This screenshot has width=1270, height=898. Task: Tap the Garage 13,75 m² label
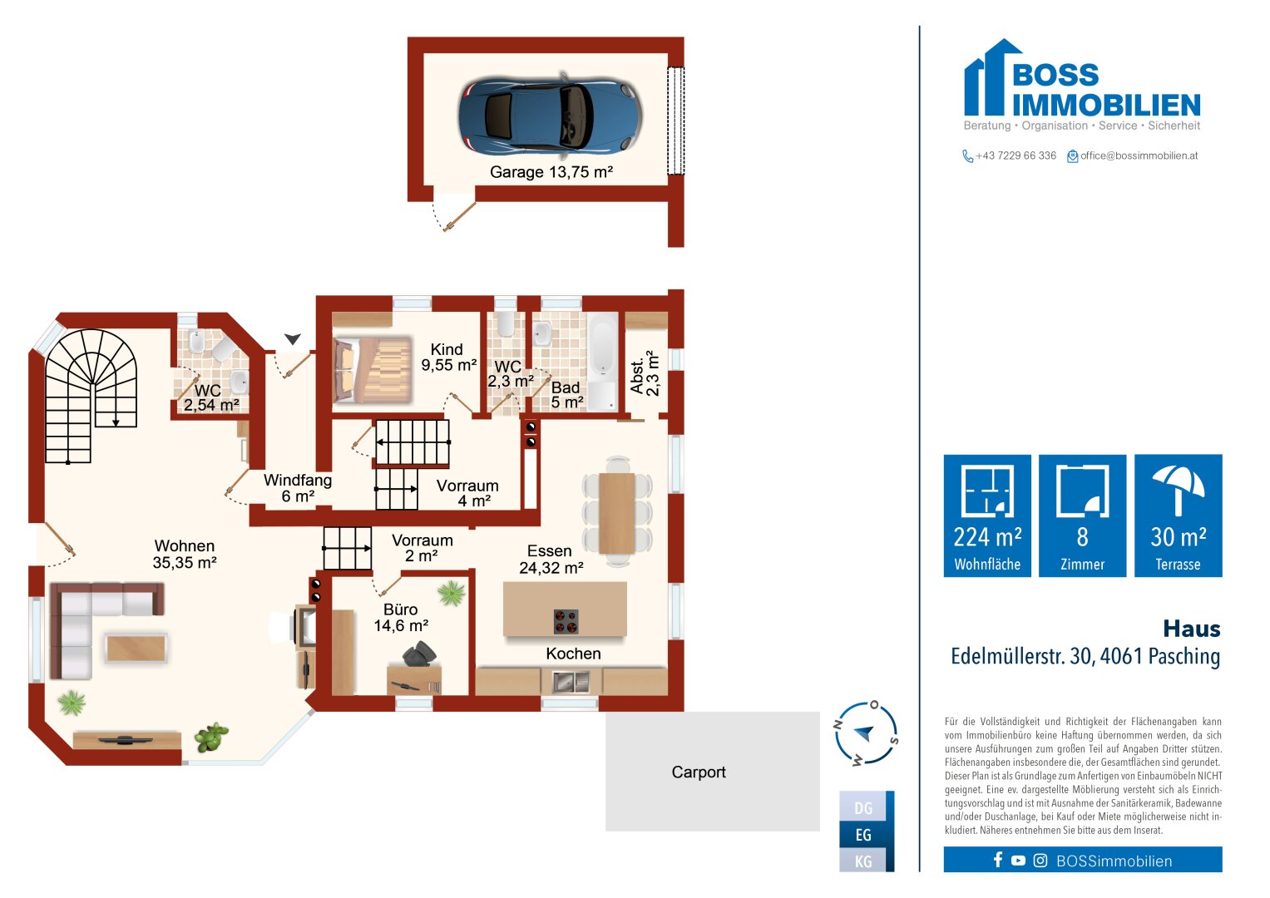(x=551, y=172)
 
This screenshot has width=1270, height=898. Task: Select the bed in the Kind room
(x=373, y=370)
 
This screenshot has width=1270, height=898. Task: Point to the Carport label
(x=699, y=772)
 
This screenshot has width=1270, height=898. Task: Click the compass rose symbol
(x=866, y=733)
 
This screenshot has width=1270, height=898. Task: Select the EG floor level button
(x=863, y=835)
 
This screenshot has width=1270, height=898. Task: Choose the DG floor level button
(x=863, y=807)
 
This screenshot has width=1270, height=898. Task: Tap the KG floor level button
(x=863, y=861)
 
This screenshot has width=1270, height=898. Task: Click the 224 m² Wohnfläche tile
(x=987, y=516)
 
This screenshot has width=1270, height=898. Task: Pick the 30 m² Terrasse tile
(x=1179, y=516)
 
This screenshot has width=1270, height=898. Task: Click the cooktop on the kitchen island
(x=566, y=621)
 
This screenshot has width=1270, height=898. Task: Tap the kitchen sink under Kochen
(x=571, y=682)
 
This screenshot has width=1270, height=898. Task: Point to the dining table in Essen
(x=616, y=513)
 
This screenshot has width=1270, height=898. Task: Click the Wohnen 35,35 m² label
(x=185, y=554)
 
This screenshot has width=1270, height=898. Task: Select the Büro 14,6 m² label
(x=401, y=617)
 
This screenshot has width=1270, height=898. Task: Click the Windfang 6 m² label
(x=298, y=488)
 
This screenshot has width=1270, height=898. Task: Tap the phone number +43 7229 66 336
(x=1016, y=155)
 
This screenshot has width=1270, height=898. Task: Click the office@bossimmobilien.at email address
(x=1139, y=155)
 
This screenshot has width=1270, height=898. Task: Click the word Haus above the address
(x=1192, y=629)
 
